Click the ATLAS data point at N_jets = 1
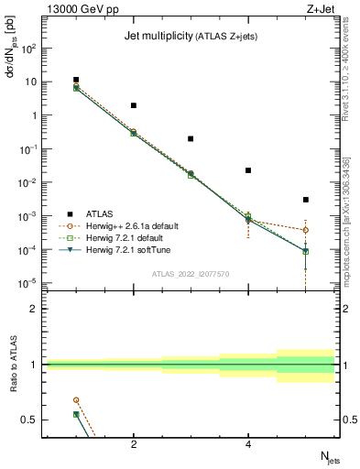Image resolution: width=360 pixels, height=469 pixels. [x=76, y=80]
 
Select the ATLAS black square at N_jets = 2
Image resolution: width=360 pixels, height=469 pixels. [x=134, y=105]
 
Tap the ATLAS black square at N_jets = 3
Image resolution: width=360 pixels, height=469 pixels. [x=191, y=139]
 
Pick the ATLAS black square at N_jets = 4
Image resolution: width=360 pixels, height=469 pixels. [x=248, y=170]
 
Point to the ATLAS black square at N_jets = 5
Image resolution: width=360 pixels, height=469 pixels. [x=306, y=200]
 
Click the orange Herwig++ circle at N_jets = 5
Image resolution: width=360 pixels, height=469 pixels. [x=306, y=230]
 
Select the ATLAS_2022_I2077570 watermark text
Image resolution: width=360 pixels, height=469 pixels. [x=191, y=273]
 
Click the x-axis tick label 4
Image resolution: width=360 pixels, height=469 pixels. [x=248, y=445]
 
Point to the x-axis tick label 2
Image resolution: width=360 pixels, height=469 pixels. [x=134, y=445]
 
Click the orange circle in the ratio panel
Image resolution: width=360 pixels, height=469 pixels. [x=76, y=400]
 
